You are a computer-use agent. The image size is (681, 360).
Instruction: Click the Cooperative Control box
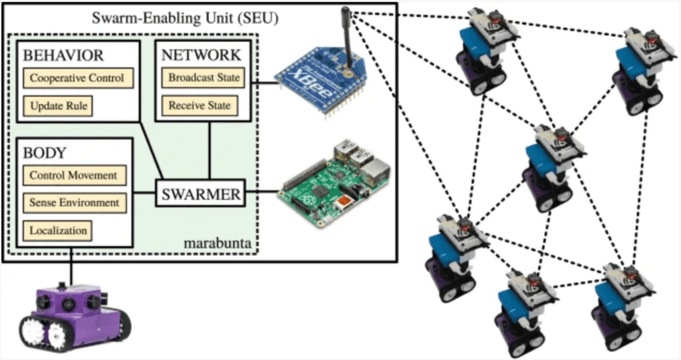tap(78, 79)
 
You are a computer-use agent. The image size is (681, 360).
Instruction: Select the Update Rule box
tap(58, 106)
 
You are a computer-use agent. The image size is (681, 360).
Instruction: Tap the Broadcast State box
tap(204, 78)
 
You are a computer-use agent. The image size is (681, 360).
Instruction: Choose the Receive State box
tap(200, 106)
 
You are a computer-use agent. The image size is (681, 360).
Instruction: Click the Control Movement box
tap(74, 175)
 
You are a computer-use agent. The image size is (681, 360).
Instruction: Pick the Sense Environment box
tap(74, 202)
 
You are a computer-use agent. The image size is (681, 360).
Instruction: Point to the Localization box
tap(58, 230)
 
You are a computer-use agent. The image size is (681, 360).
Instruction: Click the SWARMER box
tap(201, 194)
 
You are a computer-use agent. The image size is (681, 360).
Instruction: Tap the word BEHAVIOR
tap(63, 55)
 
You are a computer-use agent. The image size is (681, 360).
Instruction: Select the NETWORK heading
tap(201, 55)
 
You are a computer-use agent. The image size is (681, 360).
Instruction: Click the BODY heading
tap(45, 153)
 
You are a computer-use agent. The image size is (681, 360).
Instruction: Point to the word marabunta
tap(217, 243)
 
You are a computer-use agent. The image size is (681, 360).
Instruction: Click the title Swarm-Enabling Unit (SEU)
tap(186, 18)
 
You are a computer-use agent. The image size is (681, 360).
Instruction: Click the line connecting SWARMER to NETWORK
tap(209, 150)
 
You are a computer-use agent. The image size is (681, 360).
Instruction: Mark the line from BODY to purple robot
tap(70, 266)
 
